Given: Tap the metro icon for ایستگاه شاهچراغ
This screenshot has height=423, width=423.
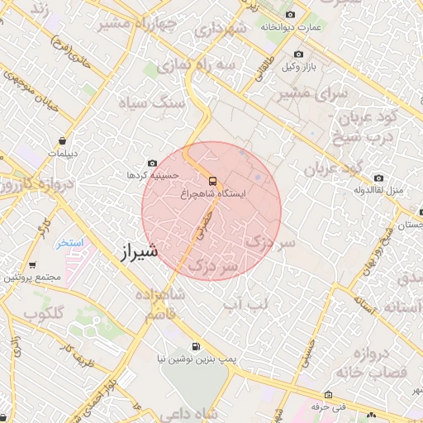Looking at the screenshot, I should [212, 180].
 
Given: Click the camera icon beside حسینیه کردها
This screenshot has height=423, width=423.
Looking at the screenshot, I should [152, 164].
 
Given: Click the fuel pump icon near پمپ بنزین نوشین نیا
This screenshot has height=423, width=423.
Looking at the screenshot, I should [196, 347].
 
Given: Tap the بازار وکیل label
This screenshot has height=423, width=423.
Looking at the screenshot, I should [299, 64].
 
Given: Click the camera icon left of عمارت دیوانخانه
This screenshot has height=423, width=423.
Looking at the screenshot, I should [290, 15].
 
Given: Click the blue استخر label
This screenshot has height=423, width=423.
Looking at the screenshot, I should [70, 243].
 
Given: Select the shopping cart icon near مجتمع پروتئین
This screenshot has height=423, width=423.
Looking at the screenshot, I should [31, 265].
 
